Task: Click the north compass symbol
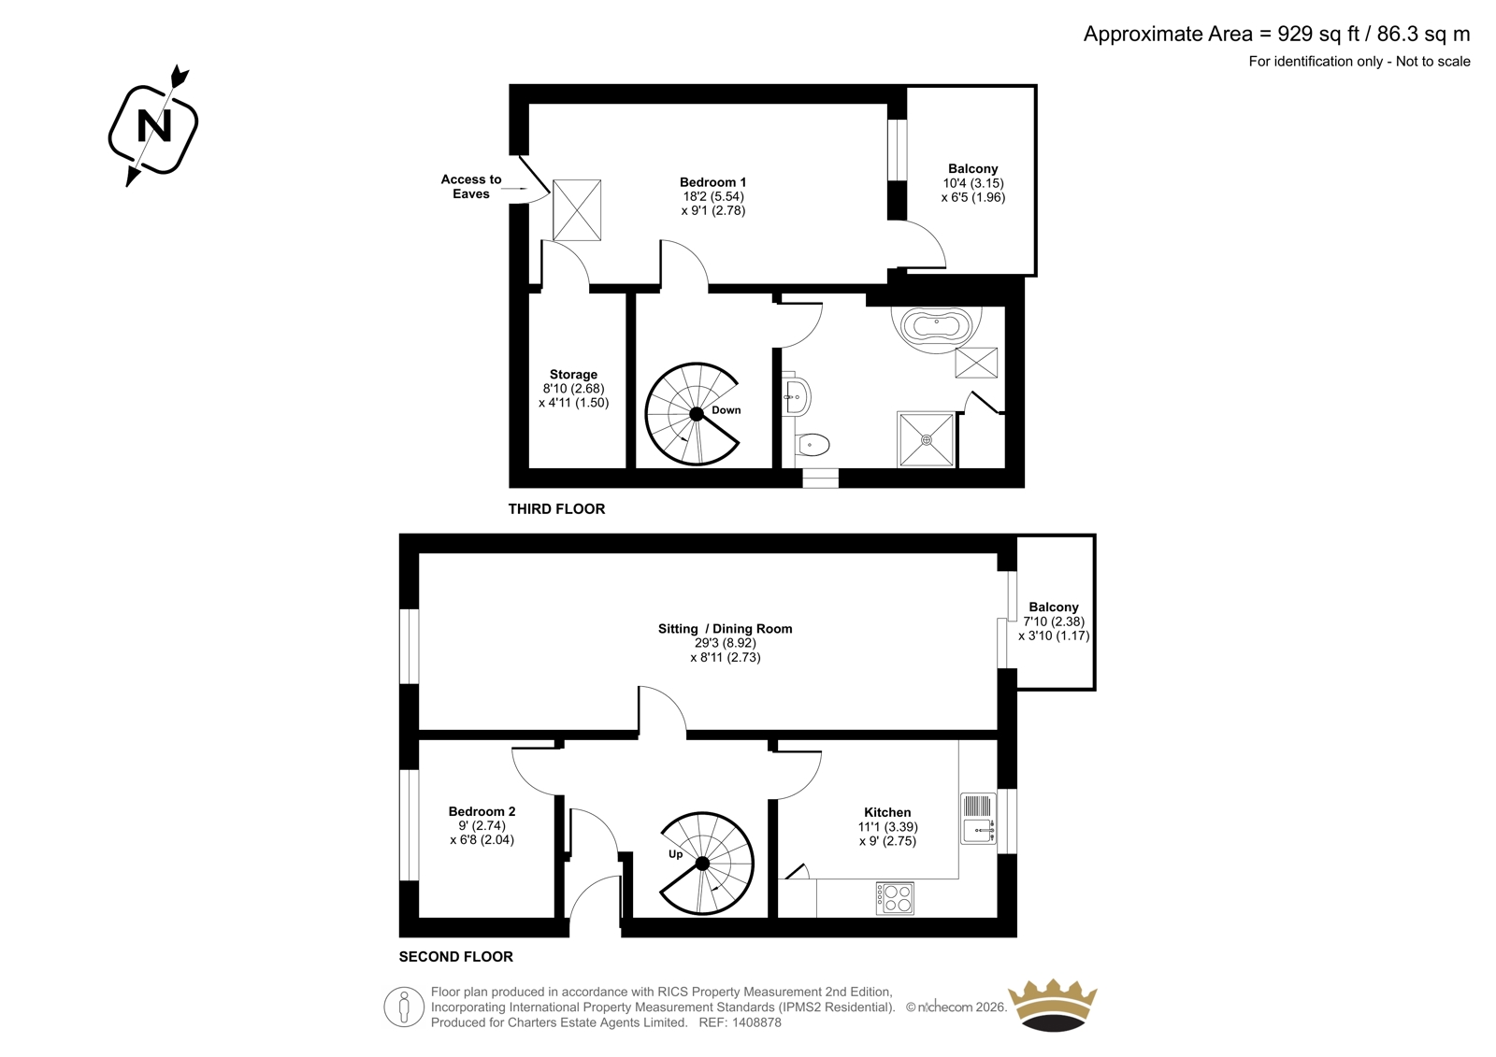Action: pyautogui.click(x=153, y=125)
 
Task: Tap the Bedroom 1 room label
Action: pyautogui.click(x=712, y=182)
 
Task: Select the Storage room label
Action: pyautogui.click(x=573, y=375)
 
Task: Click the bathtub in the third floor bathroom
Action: pyautogui.click(x=936, y=327)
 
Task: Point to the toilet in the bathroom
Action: pyautogui.click(x=813, y=445)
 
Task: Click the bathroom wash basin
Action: pyautogui.click(x=797, y=397)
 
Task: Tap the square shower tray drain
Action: pyautogui.click(x=927, y=440)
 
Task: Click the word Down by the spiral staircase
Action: pyautogui.click(x=726, y=410)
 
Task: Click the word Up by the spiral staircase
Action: pyautogui.click(x=675, y=854)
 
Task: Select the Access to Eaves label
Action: pyautogui.click(x=471, y=186)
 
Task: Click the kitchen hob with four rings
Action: pyautogui.click(x=895, y=898)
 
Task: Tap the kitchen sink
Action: pyautogui.click(x=978, y=818)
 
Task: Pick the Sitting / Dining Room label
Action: pyautogui.click(x=726, y=628)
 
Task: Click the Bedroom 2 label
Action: pyautogui.click(x=482, y=811)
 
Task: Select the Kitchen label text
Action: pyautogui.click(x=887, y=812)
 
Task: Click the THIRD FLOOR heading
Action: pyautogui.click(x=556, y=508)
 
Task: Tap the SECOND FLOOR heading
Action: pyautogui.click(x=456, y=956)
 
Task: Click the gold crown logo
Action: pyautogui.click(x=1053, y=1005)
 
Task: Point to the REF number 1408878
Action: pyautogui.click(x=755, y=1022)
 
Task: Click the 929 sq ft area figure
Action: pyautogui.click(x=1318, y=35)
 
